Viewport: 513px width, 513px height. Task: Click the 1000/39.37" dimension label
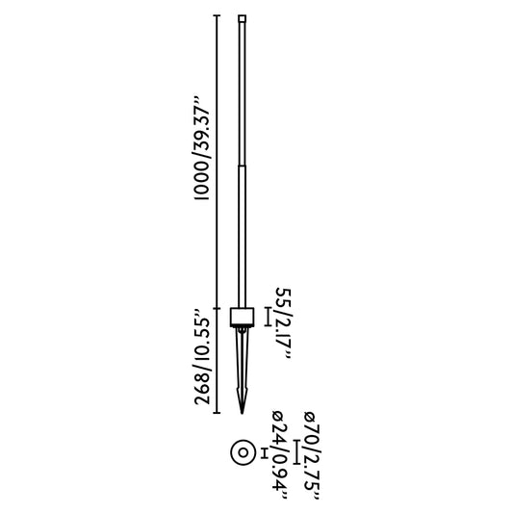tap(203, 147)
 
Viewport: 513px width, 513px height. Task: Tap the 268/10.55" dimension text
tap(203, 357)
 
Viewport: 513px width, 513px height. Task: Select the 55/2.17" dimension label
tap(284, 322)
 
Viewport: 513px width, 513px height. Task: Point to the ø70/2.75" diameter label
tap(311, 451)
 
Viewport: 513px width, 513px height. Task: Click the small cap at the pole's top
tap(242, 17)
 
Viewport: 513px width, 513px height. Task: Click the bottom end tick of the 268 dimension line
tap(216, 413)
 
